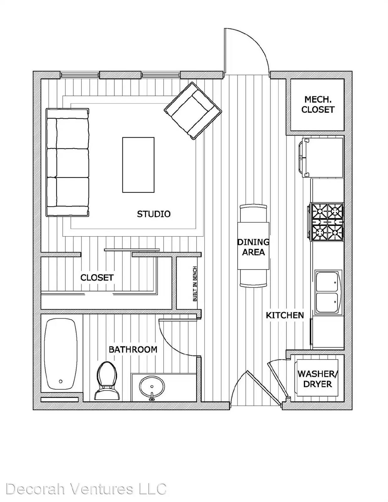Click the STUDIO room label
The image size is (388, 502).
click(154, 214)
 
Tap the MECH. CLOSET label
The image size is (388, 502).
click(318, 104)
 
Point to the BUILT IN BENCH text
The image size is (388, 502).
click(195, 284)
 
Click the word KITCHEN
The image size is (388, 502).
click(285, 315)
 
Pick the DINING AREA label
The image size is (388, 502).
click(253, 247)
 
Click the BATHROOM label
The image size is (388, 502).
click(133, 350)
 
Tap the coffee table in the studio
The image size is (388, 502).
click(138, 165)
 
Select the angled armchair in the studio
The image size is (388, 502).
click(193, 111)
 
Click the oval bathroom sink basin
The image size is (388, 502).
click(152, 386)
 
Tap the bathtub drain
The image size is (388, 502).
click(61, 382)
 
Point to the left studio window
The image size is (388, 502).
click(80, 75)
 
